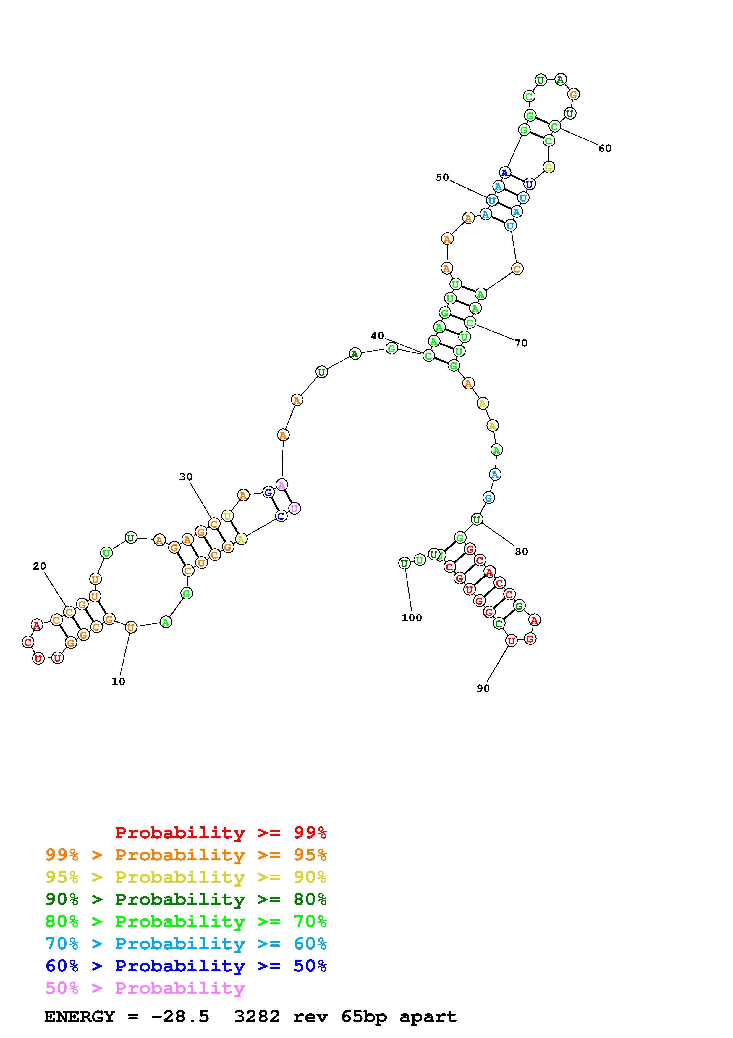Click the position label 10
(118, 682)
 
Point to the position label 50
(442, 178)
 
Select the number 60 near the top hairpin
(605, 148)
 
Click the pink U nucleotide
(294, 509)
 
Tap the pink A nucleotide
(282, 485)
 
